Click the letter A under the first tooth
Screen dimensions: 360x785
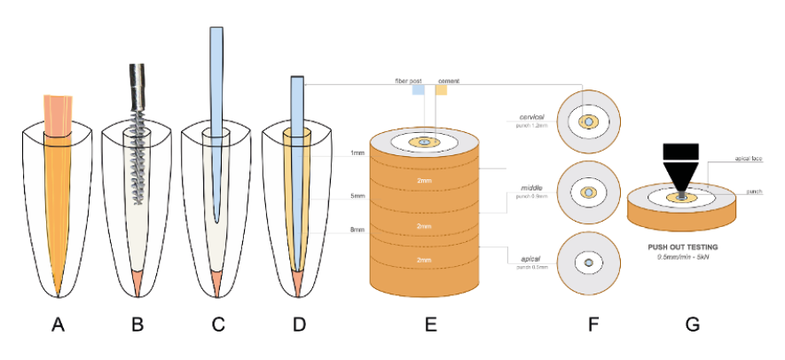point(59,325)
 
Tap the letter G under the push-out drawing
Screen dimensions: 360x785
point(692,325)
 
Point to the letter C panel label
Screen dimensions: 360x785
point(218,325)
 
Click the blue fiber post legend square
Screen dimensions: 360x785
point(417,90)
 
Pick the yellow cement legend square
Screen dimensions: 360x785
point(441,90)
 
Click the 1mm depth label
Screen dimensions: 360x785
point(357,153)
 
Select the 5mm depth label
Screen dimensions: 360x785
point(357,195)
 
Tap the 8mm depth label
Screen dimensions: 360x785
point(357,231)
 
